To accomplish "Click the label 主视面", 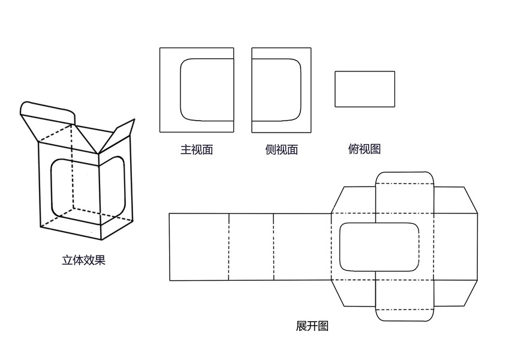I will pyautogui.click(x=197, y=150).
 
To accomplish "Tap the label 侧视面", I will pyautogui.click(x=281, y=150).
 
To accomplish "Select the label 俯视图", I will pyautogui.click(x=364, y=148).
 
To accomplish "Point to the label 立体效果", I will pyautogui.click(x=83, y=260).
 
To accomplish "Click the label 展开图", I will pyautogui.click(x=312, y=326).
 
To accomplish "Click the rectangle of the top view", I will pyautogui.click(x=365, y=89).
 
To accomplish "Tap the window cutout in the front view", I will pyautogui.click(x=206, y=89).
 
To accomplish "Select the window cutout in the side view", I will pyautogui.click(x=276, y=89).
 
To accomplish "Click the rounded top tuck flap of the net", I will pyautogui.click(x=404, y=178).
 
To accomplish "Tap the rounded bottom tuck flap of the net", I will pyautogui.click(x=404, y=315).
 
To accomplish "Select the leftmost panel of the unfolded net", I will pyautogui.click(x=198, y=247).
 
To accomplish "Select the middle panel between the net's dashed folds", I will pyautogui.click(x=251, y=247).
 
